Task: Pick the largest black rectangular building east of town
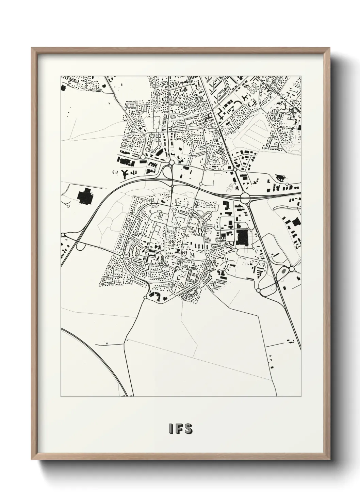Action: (x=242, y=237)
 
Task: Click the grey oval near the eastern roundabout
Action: (x=283, y=271)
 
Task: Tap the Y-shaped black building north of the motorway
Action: (x=125, y=173)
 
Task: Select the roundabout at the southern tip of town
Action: (x=145, y=297)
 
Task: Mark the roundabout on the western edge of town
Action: (x=121, y=256)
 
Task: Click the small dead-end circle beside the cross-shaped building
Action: (x=68, y=206)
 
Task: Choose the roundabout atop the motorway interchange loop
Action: (x=172, y=162)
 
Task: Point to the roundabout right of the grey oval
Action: (x=292, y=269)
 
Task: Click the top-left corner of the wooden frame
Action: (x=32, y=49)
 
